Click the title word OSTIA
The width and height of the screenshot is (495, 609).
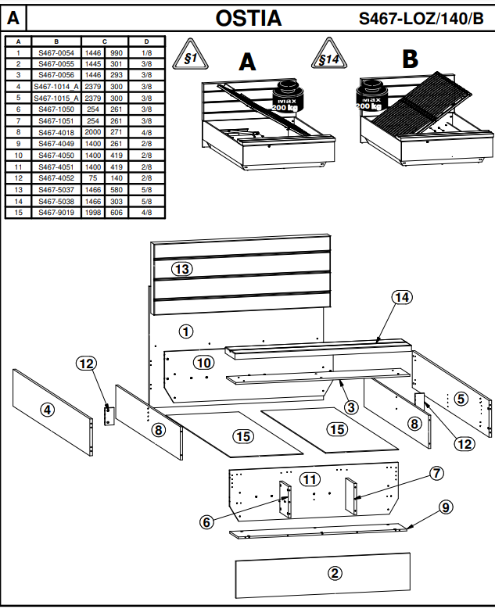pyautogui.click(x=248, y=17)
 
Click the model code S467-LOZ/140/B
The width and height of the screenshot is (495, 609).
pyautogui.click(x=421, y=18)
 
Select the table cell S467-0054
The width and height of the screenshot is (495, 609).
pyautogui.click(x=56, y=52)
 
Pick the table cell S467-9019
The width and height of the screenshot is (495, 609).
pyautogui.click(x=56, y=211)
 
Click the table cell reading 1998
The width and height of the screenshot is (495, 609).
pyautogui.click(x=93, y=211)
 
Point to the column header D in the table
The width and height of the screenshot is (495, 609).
pyautogui.click(x=146, y=41)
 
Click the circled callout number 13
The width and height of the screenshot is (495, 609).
pyautogui.click(x=182, y=269)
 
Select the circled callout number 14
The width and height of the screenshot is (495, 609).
pyautogui.click(x=402, y=297)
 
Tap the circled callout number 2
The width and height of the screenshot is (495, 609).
pyautogui.click(x=335, y=573)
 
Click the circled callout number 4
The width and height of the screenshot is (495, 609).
pyautogui.click(x=48, y=409)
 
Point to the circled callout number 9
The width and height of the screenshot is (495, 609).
pyautogui.click(x=445, y=507)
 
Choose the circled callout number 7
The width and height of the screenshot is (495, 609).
pyautogui.click(x=436, y=473)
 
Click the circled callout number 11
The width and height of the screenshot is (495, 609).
pyautogui.click(x=310, y=478)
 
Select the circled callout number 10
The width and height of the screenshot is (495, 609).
pyautogui.click(x=203, y=363)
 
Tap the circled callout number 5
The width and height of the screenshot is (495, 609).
pyautogui.click(x=461, y=399)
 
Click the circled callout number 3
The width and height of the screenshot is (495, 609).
pyautogui.click(x=351, y=407)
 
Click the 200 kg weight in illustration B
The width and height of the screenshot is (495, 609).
pyautogui.click(x=370, y=97)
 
